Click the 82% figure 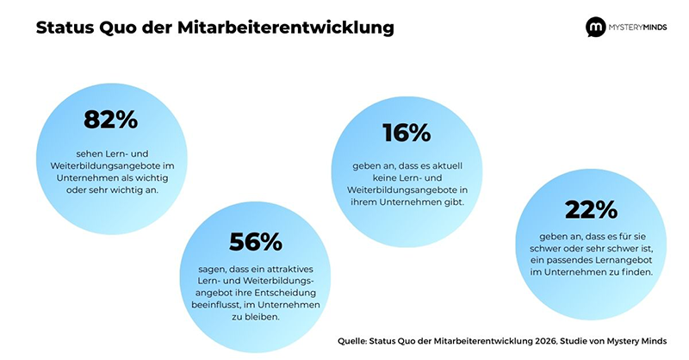110,120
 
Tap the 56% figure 256,242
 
